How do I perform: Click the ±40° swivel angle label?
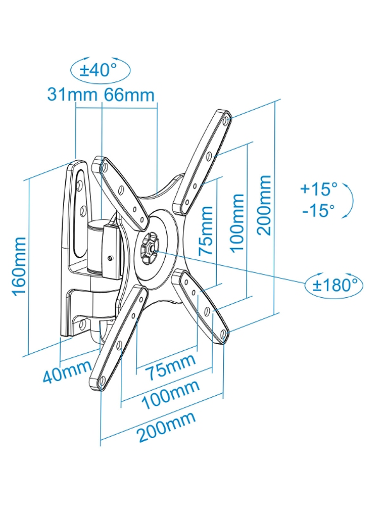pos(99,70)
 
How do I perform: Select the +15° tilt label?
pos(319,189)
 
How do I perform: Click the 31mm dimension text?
pos(72,95)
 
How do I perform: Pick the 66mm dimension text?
pos(129,95)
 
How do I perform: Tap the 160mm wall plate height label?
pos(19,267)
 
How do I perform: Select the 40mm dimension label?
pos(67,371)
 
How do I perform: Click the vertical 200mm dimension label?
pos(264,205)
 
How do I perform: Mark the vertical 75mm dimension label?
pos(206,230)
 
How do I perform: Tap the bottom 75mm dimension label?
pos(170,367)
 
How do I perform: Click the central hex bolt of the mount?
pos(150,247)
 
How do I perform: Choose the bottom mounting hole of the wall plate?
pos(82,324)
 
